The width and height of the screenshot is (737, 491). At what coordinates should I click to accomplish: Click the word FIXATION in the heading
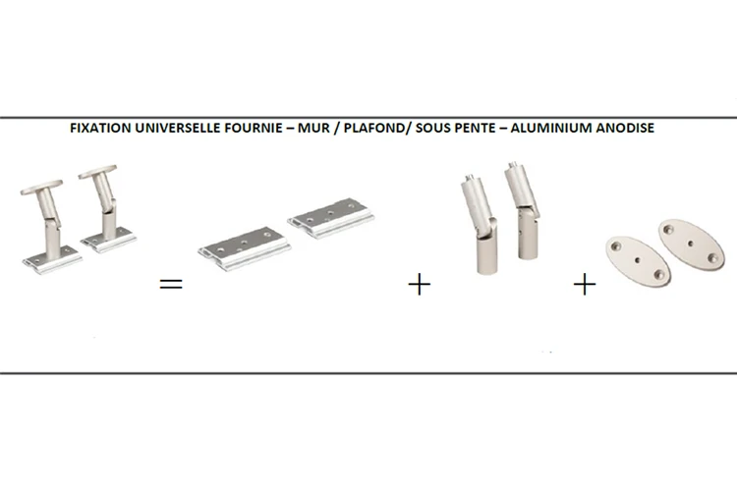(100, 128)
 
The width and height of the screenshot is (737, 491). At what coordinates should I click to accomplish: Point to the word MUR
(313, 128)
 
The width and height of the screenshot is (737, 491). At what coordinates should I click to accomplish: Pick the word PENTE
(477, 128)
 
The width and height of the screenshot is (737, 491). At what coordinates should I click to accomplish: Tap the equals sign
(171, 284)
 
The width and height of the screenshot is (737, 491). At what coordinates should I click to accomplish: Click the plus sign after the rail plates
(420, 285)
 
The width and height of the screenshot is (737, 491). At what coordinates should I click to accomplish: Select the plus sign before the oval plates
(585, 285)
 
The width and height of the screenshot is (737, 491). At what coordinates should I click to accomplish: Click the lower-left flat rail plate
(244, 249)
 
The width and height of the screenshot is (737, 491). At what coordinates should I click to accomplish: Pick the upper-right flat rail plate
(331, 218)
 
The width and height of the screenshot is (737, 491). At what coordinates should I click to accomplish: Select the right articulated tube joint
(524, 210)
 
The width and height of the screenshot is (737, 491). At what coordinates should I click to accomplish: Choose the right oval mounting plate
(691, 245)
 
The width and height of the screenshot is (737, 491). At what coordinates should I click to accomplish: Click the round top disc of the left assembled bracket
(41, 187)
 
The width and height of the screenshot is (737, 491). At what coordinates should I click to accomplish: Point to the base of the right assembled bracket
(108, 240)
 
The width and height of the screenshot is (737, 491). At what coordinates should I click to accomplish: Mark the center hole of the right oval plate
(691, 244)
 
